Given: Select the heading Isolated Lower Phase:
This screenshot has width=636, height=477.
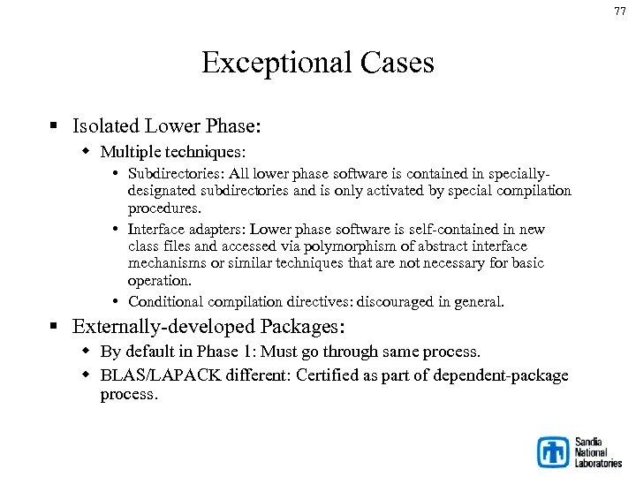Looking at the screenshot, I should click(167, 126).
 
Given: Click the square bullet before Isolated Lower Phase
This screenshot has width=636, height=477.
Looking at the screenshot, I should click(56, 127).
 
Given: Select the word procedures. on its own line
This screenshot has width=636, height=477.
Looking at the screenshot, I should click(165, 208).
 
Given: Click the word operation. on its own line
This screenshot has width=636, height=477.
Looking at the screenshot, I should click(160, 281).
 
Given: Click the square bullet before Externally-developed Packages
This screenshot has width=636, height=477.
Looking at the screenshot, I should click(56, 328).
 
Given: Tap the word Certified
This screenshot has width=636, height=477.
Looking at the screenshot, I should click(327, 375).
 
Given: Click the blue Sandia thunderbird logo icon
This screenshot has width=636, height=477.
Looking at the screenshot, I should click(554, 451).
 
